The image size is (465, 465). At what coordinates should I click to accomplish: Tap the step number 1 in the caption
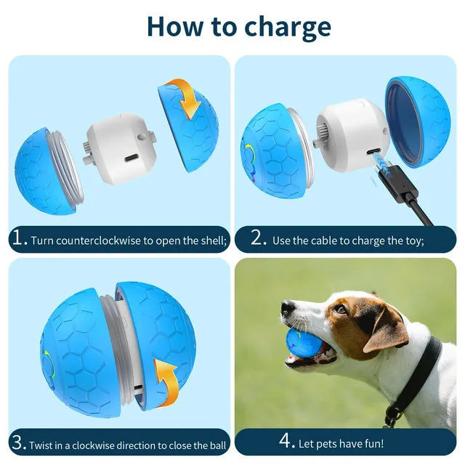coord(20,239)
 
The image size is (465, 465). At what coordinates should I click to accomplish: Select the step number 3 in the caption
coord(20,443)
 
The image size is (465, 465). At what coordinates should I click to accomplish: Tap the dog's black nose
coord(288,308)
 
